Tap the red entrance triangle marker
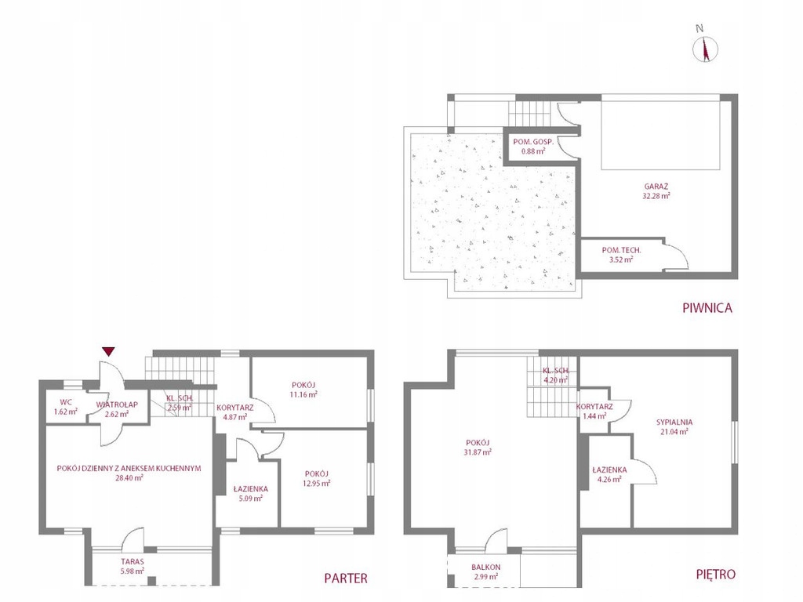click(108, 351)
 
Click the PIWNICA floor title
click(707, 308)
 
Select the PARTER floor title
click(346, 578)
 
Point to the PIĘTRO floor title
click(715, 575)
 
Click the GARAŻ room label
click(656, 187)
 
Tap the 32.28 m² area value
click(656, 195)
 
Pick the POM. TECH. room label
click(621, 250)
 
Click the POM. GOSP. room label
click(533, 142)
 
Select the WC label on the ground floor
click(66, 402)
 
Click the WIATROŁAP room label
click(117, 404)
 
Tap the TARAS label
click(132, 561)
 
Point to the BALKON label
click(486, 568)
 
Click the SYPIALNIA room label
click(674, 422)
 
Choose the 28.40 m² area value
click(129, 477)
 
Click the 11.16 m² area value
click(303, 394)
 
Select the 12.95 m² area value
click(316, 483)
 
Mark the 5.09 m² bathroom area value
click(250, 498)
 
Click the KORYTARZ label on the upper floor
click(594, 407)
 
